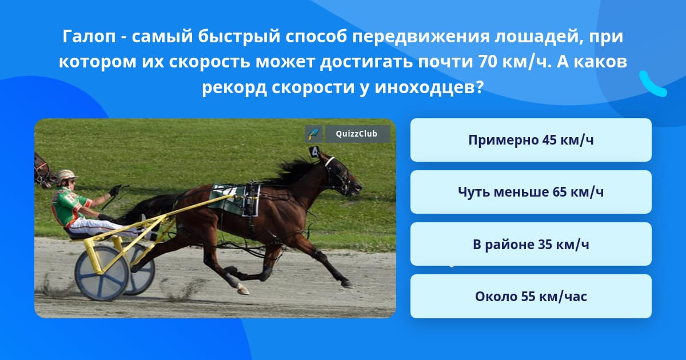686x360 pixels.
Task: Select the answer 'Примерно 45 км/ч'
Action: point(531,140)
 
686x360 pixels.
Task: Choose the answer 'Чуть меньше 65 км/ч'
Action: point(531,192)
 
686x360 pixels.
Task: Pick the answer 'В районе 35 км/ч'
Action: point(531,244)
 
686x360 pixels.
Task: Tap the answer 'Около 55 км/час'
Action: point(531,296)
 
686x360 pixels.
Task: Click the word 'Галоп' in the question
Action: point(89,37)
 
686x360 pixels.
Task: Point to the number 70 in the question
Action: point(487,62)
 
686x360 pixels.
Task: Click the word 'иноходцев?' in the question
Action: point(429,87)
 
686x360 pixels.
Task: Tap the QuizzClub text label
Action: point(357,134)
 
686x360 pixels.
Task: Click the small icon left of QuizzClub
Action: point(314,134)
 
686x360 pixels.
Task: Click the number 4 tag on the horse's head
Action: point(315,152)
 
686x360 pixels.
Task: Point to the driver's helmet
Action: point(66,176)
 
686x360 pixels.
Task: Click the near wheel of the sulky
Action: point(102,273)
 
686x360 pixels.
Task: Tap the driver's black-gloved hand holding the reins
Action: point(115,191)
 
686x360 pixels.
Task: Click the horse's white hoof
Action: point(242,289)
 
